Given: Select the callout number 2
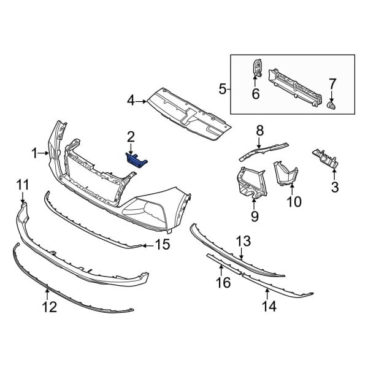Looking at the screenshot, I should tap(131, 136).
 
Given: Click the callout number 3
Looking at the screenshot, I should tap(334, 187).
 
